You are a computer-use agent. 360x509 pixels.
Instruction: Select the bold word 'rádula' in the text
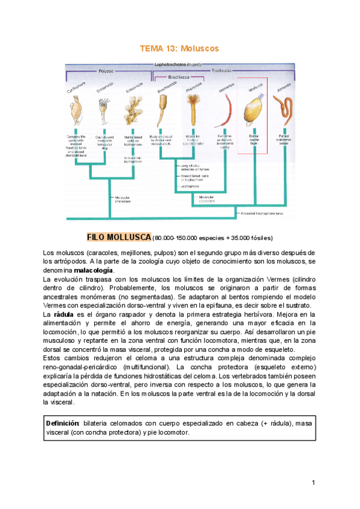[64, 313]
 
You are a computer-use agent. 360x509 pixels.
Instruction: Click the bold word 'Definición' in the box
[63, 423]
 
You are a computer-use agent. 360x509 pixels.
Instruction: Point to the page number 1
[313, 483]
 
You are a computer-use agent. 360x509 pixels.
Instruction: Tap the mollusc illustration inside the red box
[253, 113]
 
